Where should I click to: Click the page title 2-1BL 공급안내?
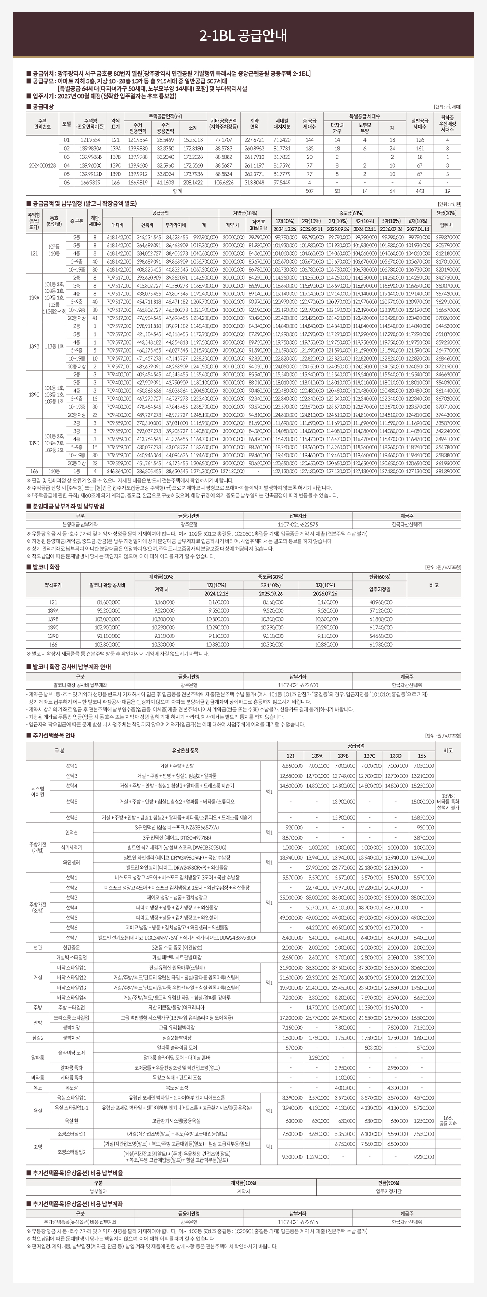(x=243, y=36)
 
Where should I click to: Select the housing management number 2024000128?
(x=43, y=165)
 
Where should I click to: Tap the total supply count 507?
(x=309, y=192)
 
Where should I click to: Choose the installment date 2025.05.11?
(x=312, y=229)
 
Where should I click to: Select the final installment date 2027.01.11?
(x=418, y=229)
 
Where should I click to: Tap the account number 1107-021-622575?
(x=298, y=524)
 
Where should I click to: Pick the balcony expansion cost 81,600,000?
(x=108, y=602)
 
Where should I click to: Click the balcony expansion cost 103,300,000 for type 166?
(x=108, y=645)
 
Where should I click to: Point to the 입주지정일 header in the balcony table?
(x=381, y=589)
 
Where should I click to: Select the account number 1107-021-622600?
(x=298, y=685)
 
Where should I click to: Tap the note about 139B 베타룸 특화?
(x=448, y=802)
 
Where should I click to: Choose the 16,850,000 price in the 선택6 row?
(x=422, y=817)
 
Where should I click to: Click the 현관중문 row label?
(x=38, y=948)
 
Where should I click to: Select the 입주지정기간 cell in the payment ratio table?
(x=389, y=1192)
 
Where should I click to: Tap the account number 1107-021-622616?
(x=298, y=1222)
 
